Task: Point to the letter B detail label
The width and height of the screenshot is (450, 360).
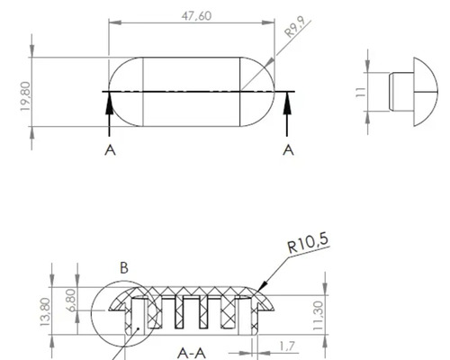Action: tap(124, 266)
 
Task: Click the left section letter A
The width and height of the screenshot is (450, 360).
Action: tap(109, 150)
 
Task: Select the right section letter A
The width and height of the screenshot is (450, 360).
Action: tap(288, 150)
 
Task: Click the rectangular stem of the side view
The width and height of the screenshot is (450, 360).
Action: tap(393, 91)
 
